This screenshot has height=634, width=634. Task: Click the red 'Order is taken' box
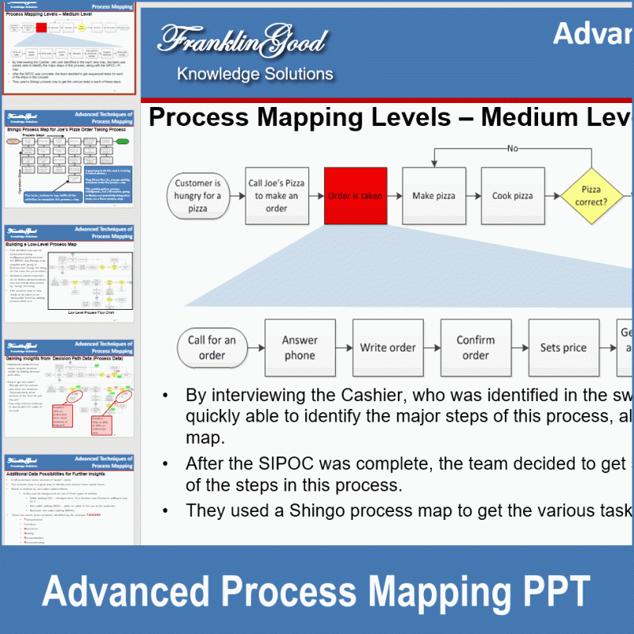pos(356,196)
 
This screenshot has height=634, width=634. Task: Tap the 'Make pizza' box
pos(433,196)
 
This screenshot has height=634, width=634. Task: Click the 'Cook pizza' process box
pos(513,196)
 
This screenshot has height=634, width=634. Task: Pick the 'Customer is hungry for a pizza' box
pos(198,196)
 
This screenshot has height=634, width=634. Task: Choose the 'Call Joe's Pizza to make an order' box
pos(277,196)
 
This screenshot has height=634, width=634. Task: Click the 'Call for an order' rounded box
pos(212,348)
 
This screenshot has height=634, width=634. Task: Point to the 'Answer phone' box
pos(300,348)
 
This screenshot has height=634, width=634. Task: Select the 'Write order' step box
pos(388,348)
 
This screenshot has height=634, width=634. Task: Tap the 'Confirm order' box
pos(475,348)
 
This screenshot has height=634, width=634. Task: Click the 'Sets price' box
pos(563,348)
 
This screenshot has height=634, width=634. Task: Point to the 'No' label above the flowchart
pos(513,148)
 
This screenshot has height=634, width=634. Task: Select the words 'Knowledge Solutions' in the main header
pos(255,74)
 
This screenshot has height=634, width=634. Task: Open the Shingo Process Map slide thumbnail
pos(70,162)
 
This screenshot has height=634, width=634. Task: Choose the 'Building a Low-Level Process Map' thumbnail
pos(70,273)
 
